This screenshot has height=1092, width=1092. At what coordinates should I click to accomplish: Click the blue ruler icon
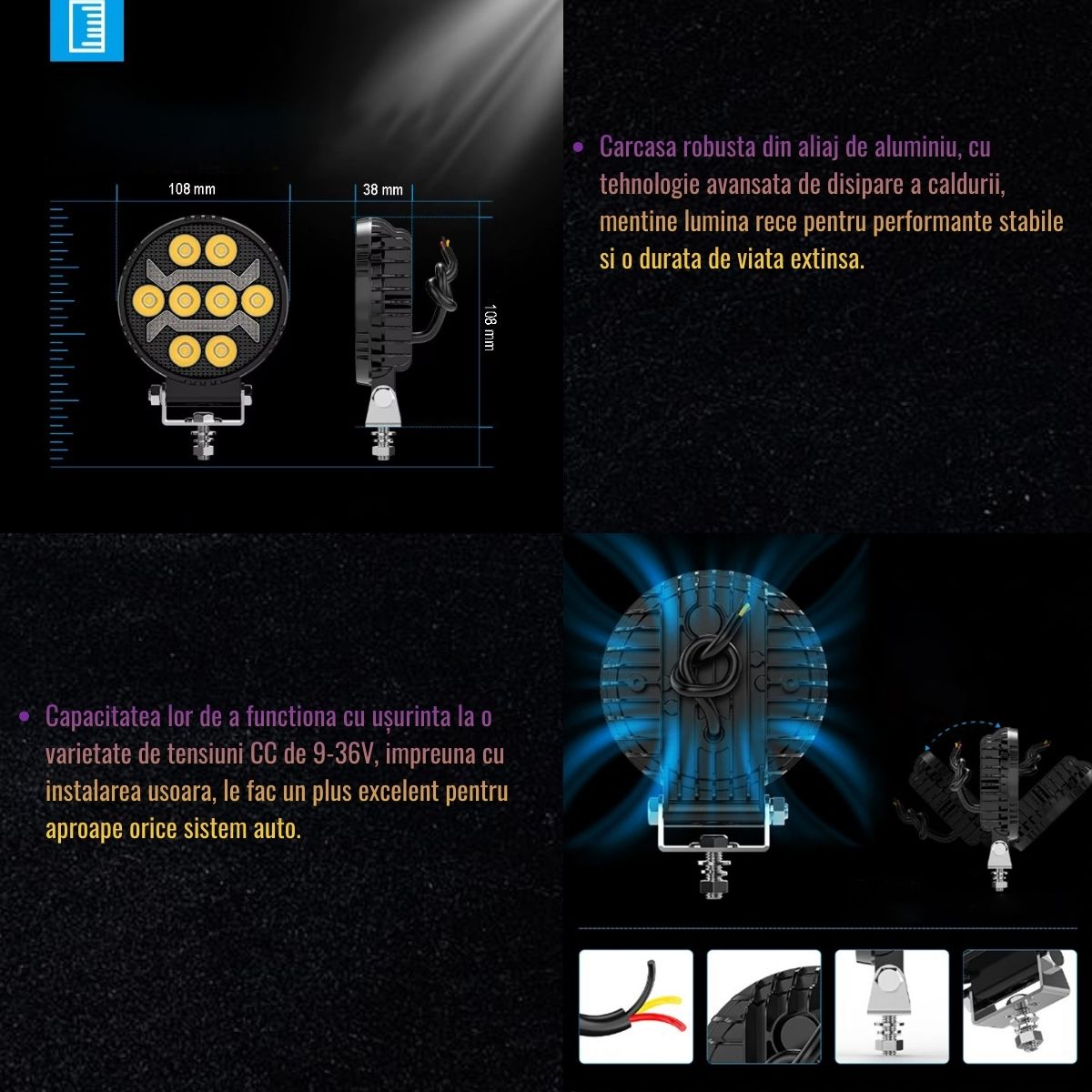pos(86,28)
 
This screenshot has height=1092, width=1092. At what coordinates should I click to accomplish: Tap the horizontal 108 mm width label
pos(191,189)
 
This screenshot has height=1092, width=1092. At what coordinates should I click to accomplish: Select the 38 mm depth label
pos(382,190)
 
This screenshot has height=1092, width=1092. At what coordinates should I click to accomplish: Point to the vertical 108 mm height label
pos(489,328)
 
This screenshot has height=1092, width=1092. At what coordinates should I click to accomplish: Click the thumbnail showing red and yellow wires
pos(636,1006)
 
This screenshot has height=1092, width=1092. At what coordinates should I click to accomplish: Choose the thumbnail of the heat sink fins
pos(763,1006)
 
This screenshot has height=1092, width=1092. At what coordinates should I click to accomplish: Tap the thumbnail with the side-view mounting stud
pos(892,1006)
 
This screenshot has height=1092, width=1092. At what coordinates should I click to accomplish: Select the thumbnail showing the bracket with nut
pos(1020,1006)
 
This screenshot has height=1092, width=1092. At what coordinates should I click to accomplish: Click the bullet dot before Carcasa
pos(578,147)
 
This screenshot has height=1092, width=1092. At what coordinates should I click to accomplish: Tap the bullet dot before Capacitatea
pos(24,717)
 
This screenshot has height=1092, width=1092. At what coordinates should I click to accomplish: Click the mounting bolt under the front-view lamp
pos(204,437)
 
